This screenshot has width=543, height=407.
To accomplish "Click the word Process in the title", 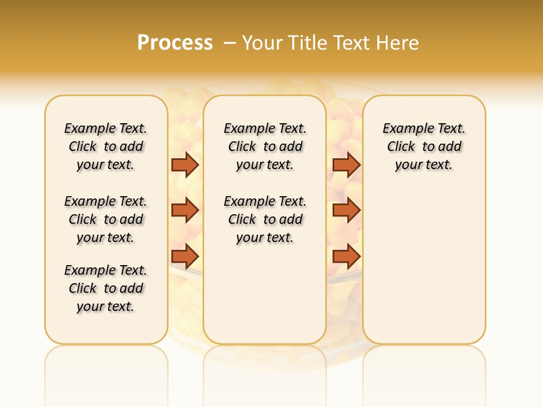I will click(x=175, y=43).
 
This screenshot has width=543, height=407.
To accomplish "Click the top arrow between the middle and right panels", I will click(x=346, y=164).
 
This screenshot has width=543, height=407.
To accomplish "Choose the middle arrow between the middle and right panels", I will click(x=346, y=210).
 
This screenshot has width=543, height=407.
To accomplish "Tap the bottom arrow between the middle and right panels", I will click(x=346, y=256).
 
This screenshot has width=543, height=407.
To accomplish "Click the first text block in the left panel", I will click(x=106, y=146).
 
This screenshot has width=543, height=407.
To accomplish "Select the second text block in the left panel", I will click(x=106, y=219).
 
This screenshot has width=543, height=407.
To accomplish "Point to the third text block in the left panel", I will click(x=106, y=288).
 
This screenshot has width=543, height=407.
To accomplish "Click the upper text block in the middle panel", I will click(x=265, y=146).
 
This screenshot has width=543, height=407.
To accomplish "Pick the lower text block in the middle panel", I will click(x=265, y=219).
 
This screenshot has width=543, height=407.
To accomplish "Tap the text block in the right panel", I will click(x=424, y=146).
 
